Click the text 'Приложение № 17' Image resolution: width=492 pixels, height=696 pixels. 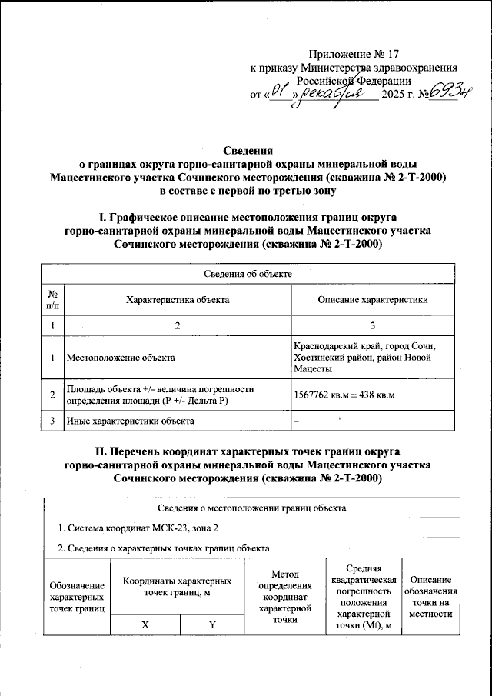[354, 54]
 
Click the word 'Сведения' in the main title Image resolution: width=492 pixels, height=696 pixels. [246, 150]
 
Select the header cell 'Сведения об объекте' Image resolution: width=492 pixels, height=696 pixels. [247, 274]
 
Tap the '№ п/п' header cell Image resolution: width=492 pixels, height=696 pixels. [53, 300]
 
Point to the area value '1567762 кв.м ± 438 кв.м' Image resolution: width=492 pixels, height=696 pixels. [350, 395]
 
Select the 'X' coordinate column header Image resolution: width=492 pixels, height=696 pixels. [145, 625]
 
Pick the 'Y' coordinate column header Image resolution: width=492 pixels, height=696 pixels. [211, 625]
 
